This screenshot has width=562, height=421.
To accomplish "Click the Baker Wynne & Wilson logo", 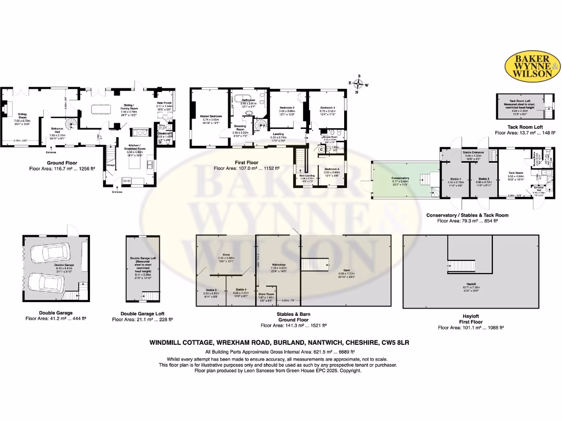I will pyautogui.click(x=532, y=66).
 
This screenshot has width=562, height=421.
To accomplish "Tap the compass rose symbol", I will pyautogui.click(x=359, y=84).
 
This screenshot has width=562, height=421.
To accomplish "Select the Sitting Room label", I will pyautogui.click(x=23, y=116).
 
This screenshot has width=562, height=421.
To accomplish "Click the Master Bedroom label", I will pyautogui.click(x=211, y=117).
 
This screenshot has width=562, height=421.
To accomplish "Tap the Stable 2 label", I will pyautogui.click(x=484, y=179).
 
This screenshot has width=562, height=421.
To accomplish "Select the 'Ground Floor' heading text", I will pyautogui.click(x=46, y=163).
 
